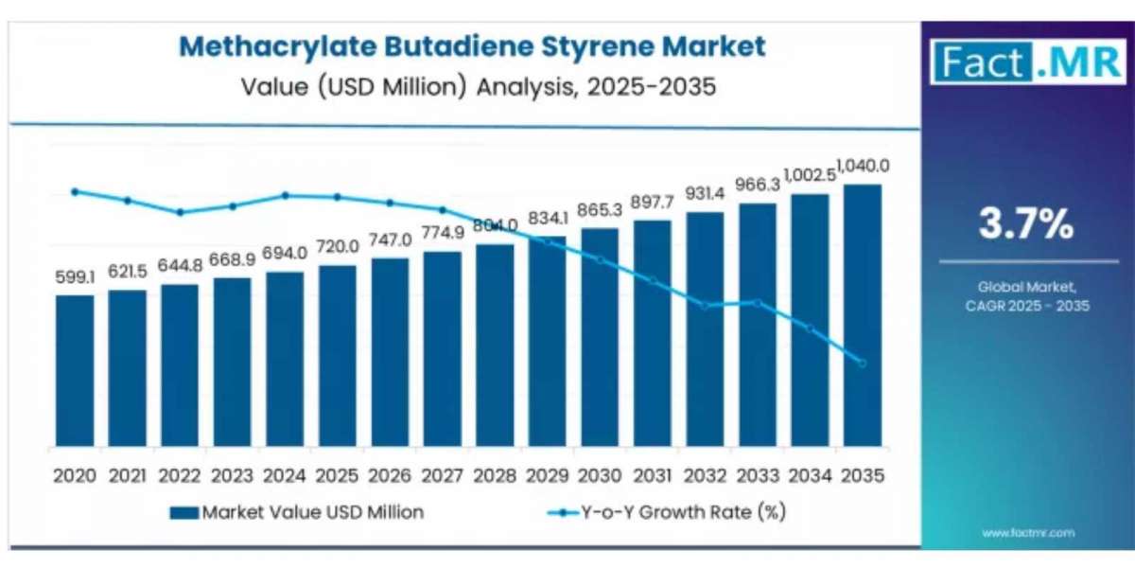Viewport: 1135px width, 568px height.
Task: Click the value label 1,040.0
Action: [862, 167]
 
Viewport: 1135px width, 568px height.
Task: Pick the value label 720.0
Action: [338, 246]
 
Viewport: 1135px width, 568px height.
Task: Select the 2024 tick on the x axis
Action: [285, 476]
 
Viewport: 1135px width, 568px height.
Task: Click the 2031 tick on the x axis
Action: [653, 476]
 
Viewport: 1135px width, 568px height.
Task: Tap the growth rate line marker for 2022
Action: [180, 212]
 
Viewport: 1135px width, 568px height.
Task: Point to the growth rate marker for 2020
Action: [75, 191]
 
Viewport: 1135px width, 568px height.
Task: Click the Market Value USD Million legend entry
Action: [297, 512]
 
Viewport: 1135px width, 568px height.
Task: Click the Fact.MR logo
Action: [1027, 62]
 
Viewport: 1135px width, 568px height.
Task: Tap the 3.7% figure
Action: [1026, 225]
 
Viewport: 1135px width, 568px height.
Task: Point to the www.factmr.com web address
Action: [1028, 534]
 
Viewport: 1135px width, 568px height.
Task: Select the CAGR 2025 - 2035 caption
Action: [1027, 306]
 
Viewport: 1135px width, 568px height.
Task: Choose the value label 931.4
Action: [706, 193]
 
